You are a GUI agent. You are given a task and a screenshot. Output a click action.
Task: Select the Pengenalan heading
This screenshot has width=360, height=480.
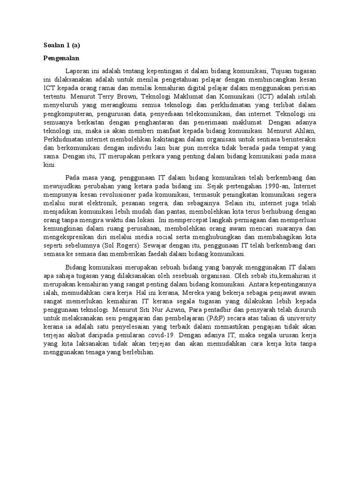[x=61, y=59]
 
